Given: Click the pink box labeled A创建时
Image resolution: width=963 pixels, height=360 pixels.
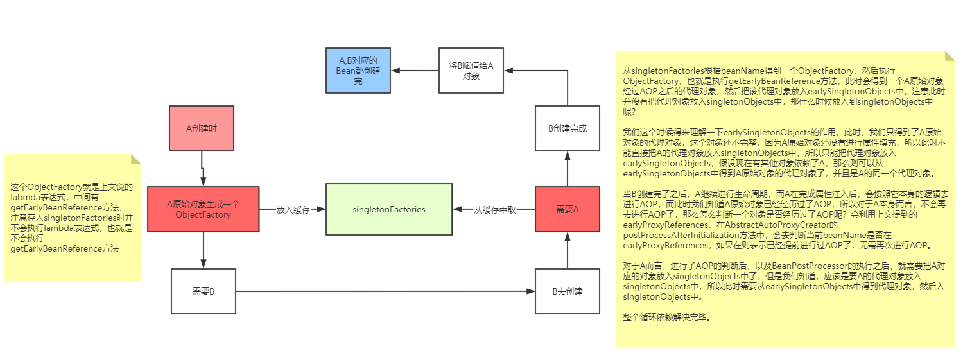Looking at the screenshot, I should [202, 128].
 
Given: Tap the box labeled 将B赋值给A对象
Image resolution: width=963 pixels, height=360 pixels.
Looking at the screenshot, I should [471, 70].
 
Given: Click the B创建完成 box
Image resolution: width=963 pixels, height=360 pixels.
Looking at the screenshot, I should [568, 128].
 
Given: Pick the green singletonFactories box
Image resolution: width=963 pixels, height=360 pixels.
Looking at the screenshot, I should [389, 209].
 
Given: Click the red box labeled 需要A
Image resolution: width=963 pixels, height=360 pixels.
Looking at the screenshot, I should [568, 209].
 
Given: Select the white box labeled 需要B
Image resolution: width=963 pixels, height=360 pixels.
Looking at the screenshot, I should [203, 291].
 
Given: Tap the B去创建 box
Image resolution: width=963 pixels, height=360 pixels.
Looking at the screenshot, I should [568, 291].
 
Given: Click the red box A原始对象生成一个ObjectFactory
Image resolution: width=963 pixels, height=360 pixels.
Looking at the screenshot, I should [203, 209].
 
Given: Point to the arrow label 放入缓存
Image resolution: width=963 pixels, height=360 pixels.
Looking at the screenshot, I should [293, 209].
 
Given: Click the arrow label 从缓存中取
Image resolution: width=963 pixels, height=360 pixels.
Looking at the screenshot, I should [494, 209].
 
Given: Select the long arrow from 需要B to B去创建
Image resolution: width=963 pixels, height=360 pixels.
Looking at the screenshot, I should [385, 291].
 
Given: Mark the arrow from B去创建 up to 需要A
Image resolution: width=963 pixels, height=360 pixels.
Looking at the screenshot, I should [568, 250].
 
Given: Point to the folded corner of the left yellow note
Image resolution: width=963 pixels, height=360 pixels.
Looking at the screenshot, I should [136, 159].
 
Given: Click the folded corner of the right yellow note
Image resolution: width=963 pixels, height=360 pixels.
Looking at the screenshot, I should [950, 56].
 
